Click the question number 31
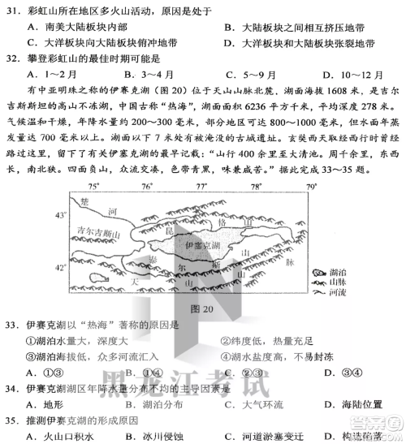pos(12,12)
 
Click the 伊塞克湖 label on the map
pos(200,244)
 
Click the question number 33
pos(12,325)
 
